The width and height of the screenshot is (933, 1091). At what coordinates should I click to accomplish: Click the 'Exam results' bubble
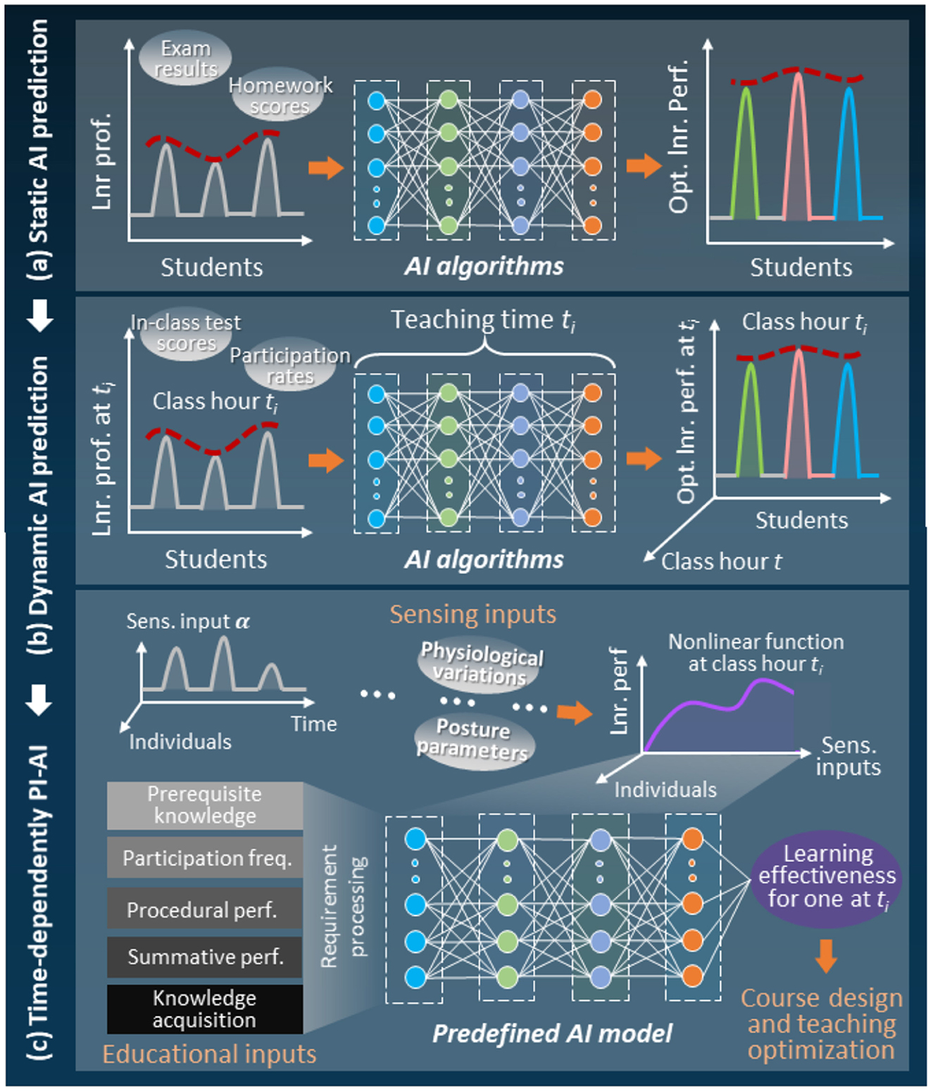[x=185, y=59]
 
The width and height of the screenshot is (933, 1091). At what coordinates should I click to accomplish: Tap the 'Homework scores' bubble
[x=279, y=96]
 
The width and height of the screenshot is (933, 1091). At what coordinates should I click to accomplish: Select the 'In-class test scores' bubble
[x=186, y=333]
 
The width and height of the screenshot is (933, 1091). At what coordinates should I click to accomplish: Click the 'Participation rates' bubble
[x=289, y=366]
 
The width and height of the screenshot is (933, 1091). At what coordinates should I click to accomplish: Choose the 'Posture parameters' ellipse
[x=472, y=740]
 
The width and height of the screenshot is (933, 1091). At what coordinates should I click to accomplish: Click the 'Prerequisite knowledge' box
[x=205, y=805]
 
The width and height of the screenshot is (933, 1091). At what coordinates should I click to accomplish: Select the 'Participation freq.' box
[x=205, y=858]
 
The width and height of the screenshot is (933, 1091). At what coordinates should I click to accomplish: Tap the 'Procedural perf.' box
[x=205, y=910]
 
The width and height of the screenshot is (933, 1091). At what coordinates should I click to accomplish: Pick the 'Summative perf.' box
[x=205, y=957]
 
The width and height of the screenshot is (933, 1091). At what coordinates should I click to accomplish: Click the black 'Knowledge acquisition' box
[x=205, y=1009]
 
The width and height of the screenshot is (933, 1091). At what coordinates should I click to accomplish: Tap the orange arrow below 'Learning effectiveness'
[x=826, y=955]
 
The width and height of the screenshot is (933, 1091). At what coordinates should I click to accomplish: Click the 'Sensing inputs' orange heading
[x=473, y=614]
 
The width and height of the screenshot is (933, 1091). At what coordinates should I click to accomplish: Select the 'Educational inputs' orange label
[x=209, y=1054]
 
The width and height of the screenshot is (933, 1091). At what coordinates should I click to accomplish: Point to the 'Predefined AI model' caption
[x=552, y=1033]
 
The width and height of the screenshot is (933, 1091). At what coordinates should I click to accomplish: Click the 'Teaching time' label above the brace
[x=483, y=320]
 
